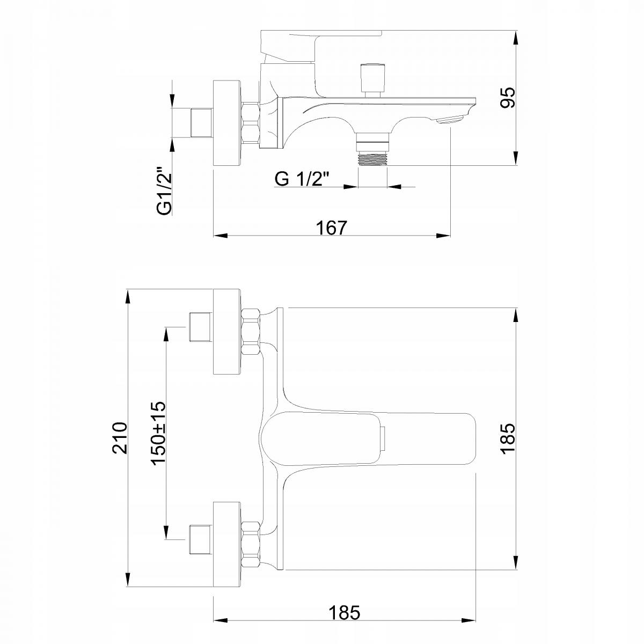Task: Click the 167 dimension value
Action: click(332, 228)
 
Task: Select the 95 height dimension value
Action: click(507, 98)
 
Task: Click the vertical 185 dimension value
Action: click(507, 438)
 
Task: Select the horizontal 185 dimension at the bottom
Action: click(345, 612)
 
